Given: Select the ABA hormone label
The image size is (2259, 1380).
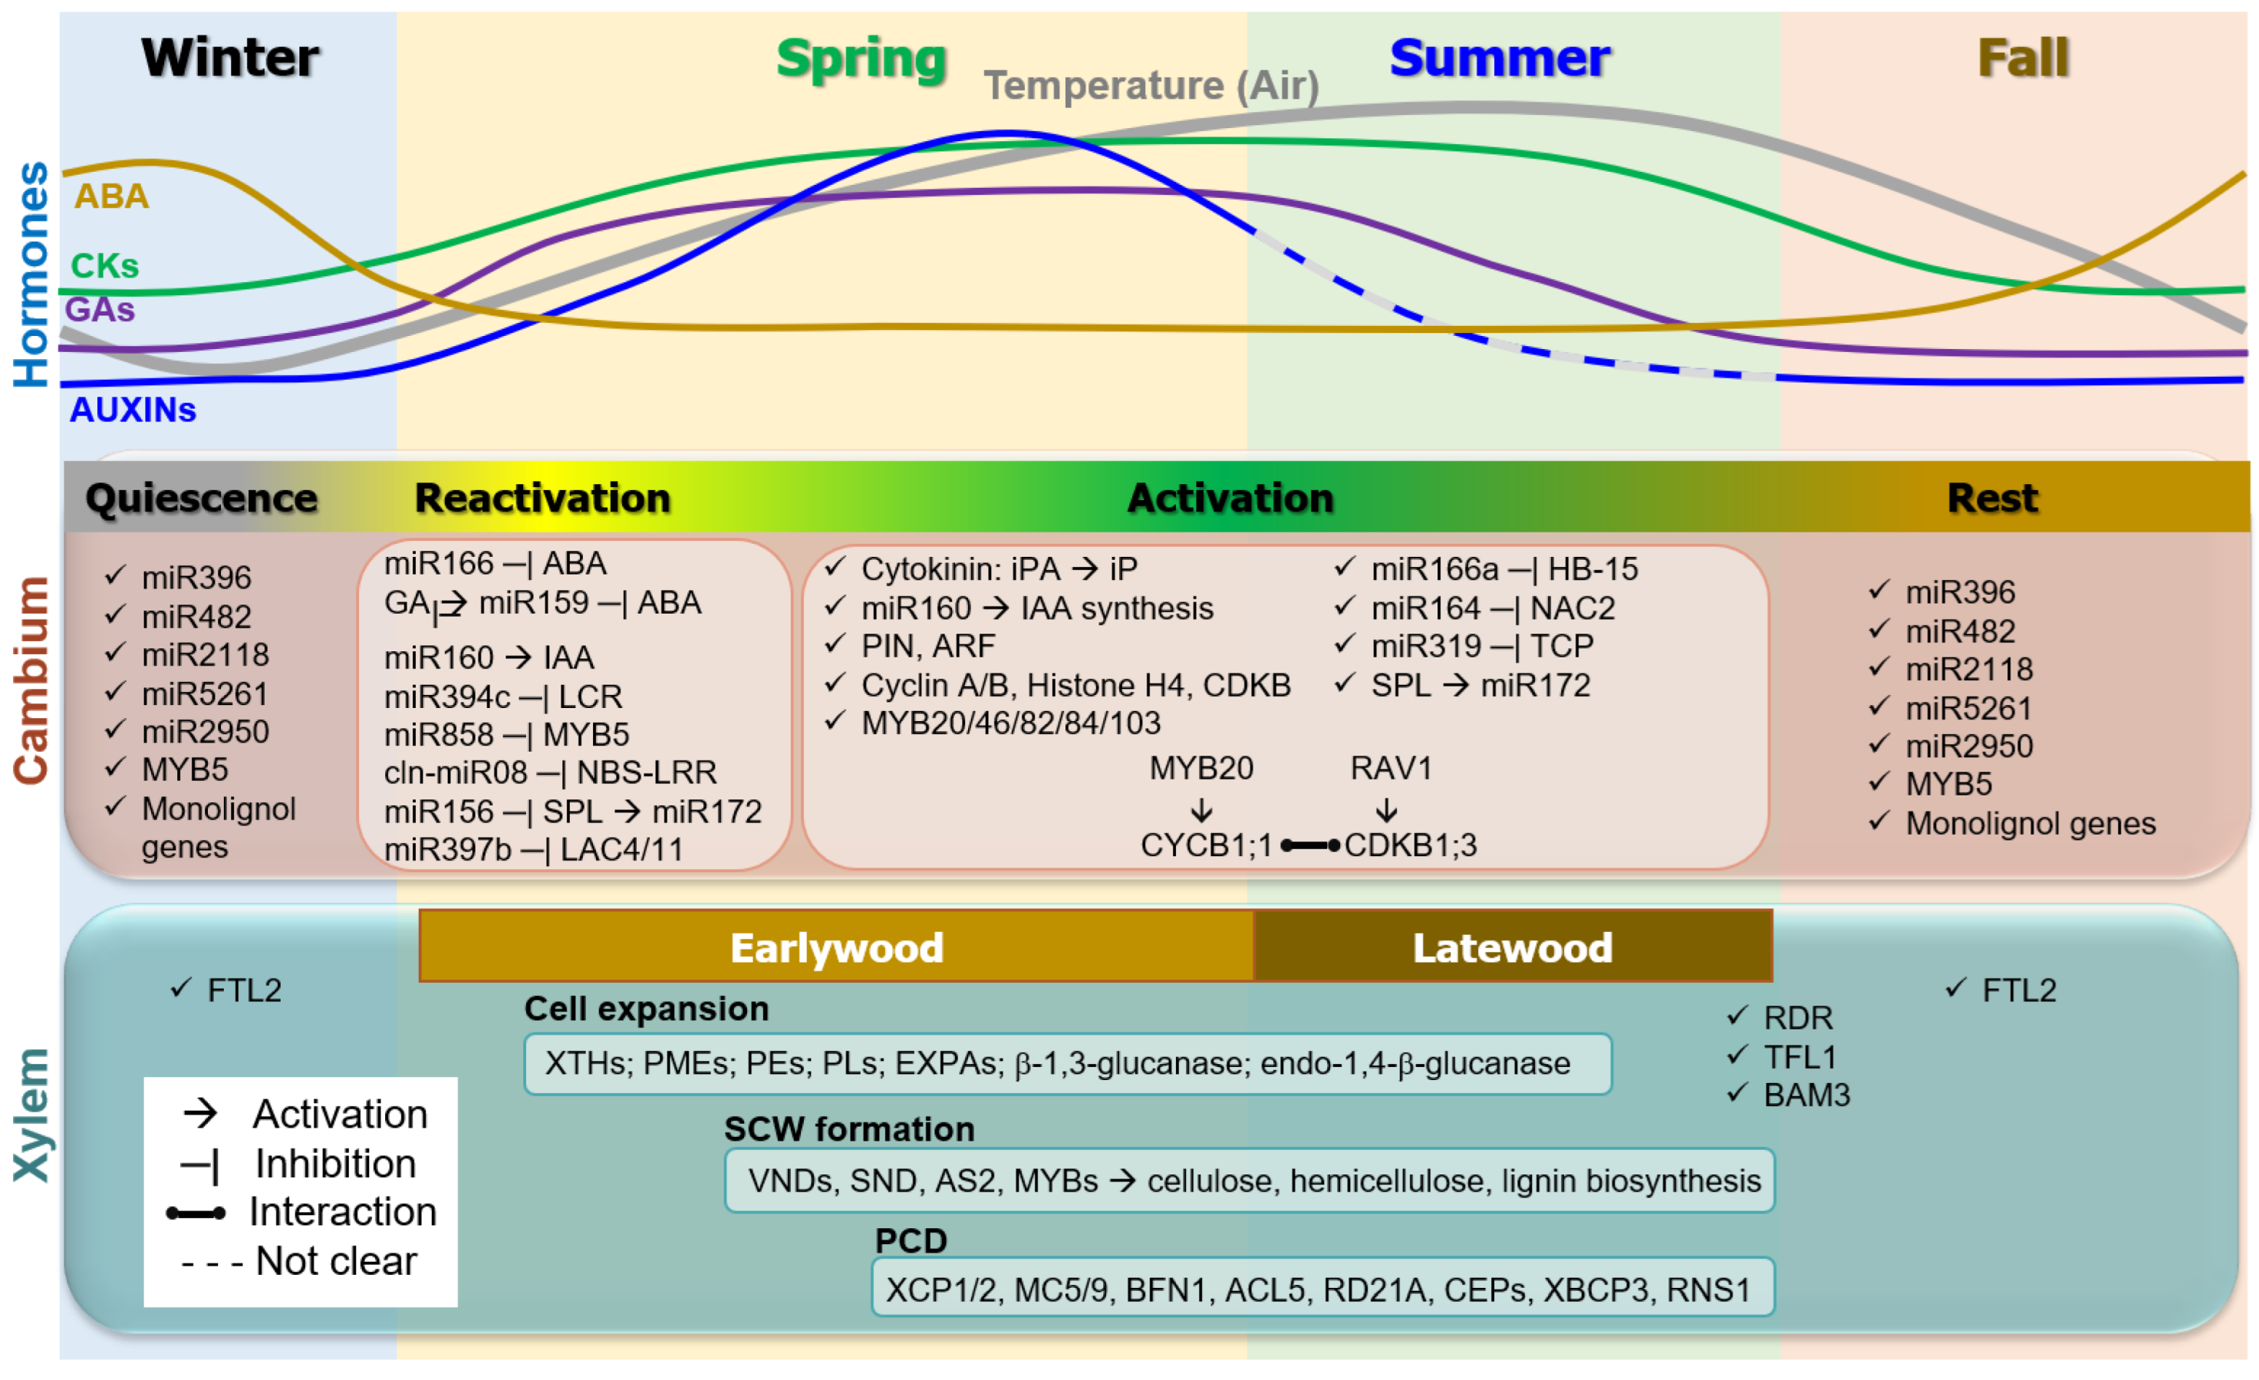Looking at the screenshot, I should [x=111, y=196].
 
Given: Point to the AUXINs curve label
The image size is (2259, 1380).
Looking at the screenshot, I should [x=133, y=410].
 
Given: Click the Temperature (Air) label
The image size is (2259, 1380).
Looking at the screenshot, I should [x=1151, y=86].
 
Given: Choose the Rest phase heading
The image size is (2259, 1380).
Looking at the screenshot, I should [x=1991, y=498].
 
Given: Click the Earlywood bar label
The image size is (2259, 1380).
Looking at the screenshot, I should [x=836, y=948].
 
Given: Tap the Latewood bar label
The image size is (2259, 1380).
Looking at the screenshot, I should [x=1512, y=948].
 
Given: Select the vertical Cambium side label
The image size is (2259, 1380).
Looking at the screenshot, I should [x=31, y=680].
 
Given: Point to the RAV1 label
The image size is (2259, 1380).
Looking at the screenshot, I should [x=1390, y=769].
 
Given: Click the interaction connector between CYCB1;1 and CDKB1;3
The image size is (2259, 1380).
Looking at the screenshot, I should [x=1309, y=845].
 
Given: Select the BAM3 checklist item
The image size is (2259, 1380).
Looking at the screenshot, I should [x=1806, y=1095].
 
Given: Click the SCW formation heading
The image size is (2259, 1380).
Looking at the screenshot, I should [x=849, y=1128].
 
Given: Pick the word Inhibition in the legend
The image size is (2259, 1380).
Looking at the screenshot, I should [x=335, y=1164].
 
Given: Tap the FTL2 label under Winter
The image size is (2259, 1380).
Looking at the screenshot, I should [x=244, y=990].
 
